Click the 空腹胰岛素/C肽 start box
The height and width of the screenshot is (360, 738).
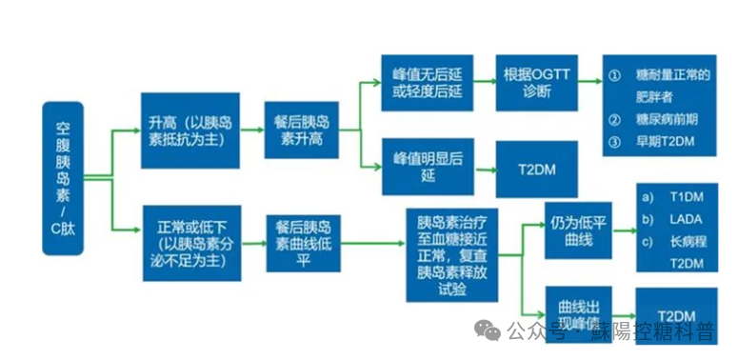click(x=63, y=178)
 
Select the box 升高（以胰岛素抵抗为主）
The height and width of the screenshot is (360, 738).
click(x=190, y=130)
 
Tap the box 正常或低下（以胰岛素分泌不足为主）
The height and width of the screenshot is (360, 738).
click(x=191, y=243)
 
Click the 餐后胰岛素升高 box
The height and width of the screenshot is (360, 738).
click(x=301, y=130)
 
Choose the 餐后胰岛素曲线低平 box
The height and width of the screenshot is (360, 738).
click(x=303, y=243)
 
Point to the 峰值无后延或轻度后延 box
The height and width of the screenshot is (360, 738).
click(x=428, y=83)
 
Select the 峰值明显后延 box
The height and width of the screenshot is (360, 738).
click(x=428, y=167)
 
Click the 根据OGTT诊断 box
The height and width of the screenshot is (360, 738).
click(x=536, y=83)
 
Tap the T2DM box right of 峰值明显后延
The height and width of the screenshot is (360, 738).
click(x=536, y=170)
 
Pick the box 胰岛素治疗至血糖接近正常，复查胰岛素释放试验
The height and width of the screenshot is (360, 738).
click(x=451, y=255)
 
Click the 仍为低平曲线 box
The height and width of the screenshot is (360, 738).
click(x=578, y=230)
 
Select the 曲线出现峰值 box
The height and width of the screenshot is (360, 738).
click(x=578, y=315)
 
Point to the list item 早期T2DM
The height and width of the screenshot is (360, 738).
click(x=665, y=141)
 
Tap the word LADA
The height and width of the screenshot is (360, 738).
click(x=686, y=219)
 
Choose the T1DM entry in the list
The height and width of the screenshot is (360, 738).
click(x=687, y=197)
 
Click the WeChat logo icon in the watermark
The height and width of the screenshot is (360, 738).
click(x=488, y=330)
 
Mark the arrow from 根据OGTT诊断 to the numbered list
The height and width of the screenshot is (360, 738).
click(x=589, y=81)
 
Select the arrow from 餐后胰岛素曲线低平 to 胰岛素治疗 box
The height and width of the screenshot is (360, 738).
click(x=372, y=243)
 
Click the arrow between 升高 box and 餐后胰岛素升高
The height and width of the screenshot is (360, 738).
click(x=251, y=130)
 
